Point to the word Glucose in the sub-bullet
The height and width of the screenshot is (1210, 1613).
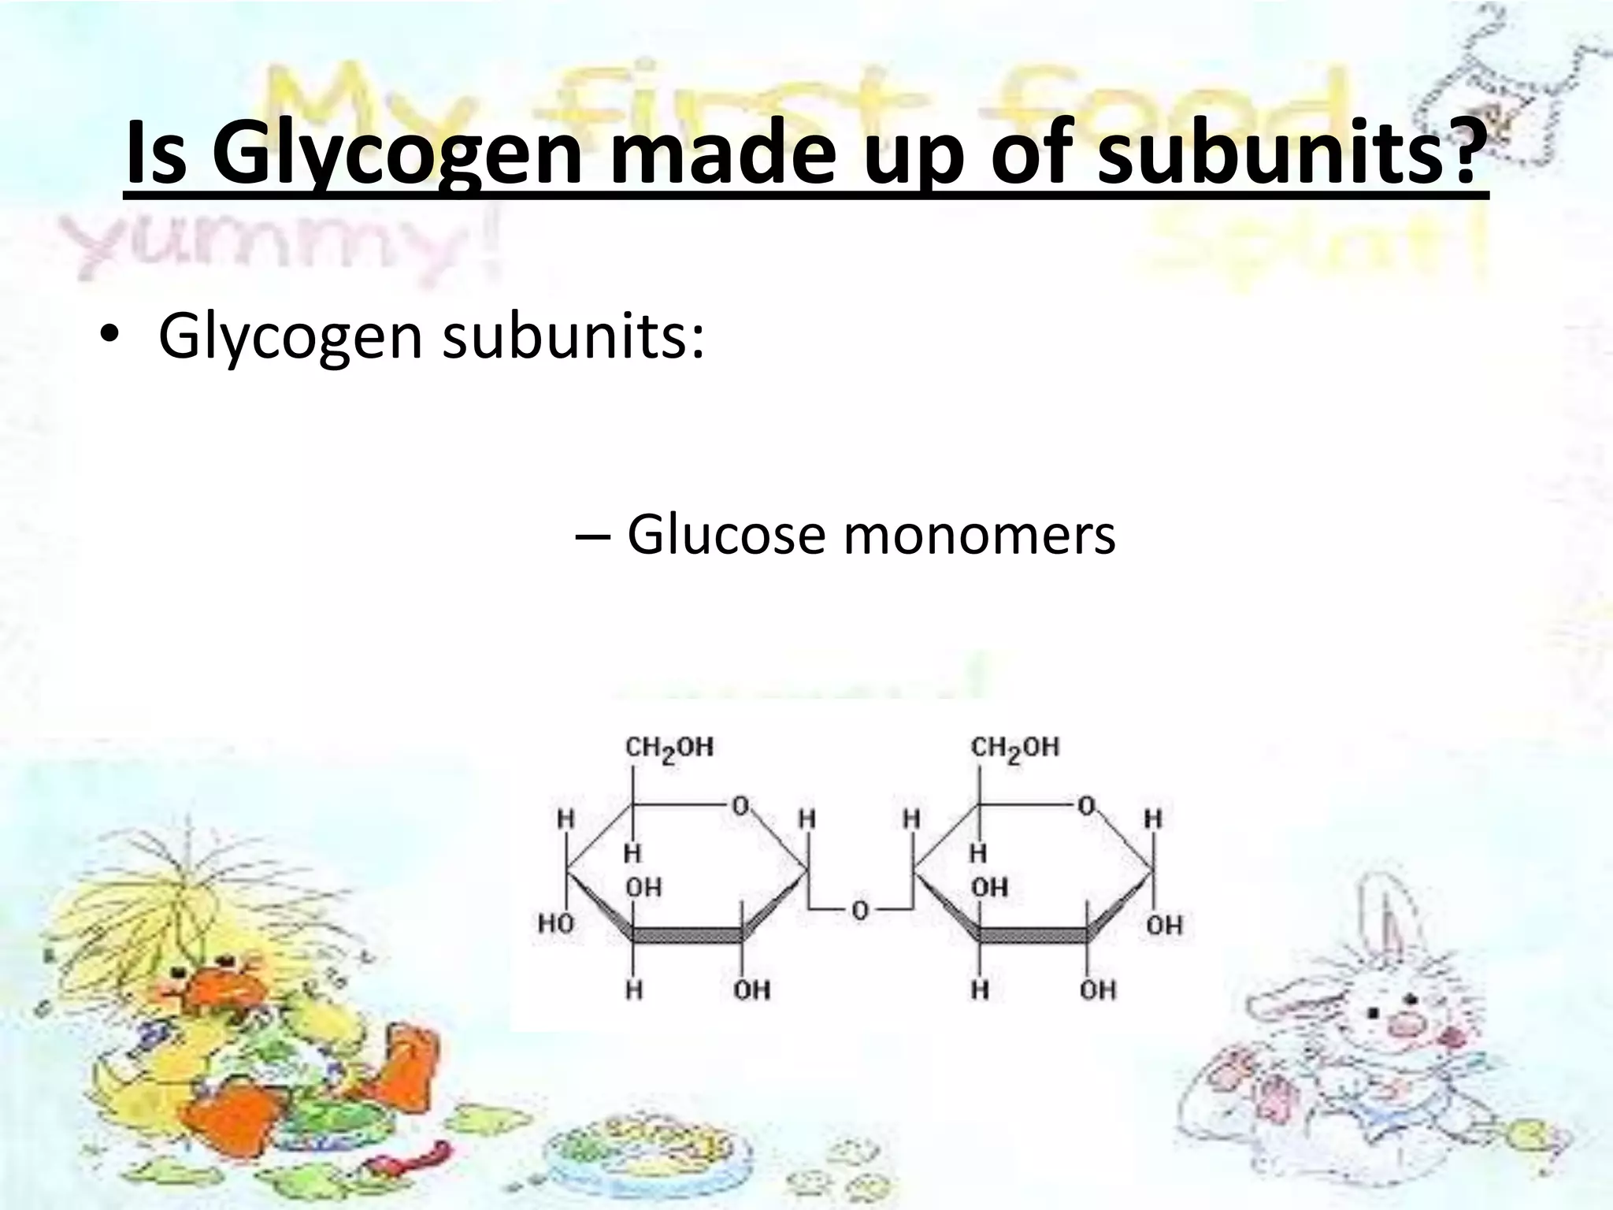click(725, 536)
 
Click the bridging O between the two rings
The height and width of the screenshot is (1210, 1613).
click(859, 911)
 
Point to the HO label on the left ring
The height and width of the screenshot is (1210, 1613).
click(556, 923)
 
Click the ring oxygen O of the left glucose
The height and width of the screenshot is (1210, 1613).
click(740, 806)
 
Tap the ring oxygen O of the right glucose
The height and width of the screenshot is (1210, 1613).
click(1086, 806)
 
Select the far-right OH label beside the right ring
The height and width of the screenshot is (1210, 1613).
click(1164, 925)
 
